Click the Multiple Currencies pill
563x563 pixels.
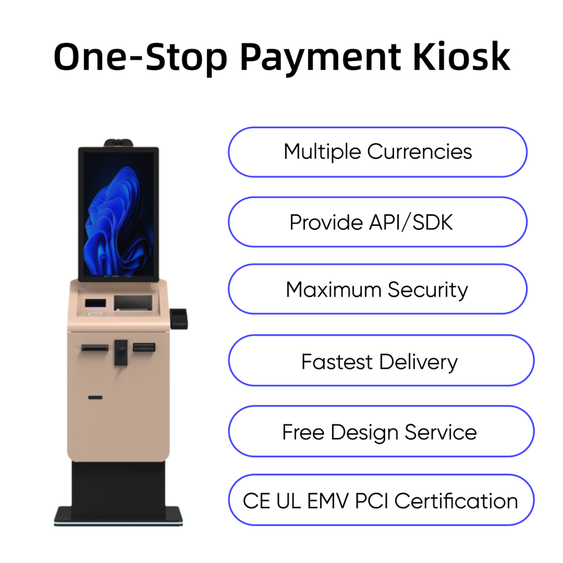click(377, 152)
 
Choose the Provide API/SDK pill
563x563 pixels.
click(377, 222)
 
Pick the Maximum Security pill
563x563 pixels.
click(377, 290)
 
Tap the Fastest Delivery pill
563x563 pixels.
click(380, 361)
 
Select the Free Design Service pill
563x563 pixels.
click(380, 432)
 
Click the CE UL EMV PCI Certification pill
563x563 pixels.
click(380, 501)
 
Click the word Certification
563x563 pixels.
click(456, 501)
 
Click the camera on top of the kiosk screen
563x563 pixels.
click(118, 143)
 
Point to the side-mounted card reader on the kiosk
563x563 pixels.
click(178, 317)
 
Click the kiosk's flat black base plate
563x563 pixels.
click(118, 516)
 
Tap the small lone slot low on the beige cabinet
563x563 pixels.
click(95, 398)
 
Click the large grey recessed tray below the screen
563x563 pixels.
click(133, 303)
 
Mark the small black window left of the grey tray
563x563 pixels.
click(96, 304)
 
